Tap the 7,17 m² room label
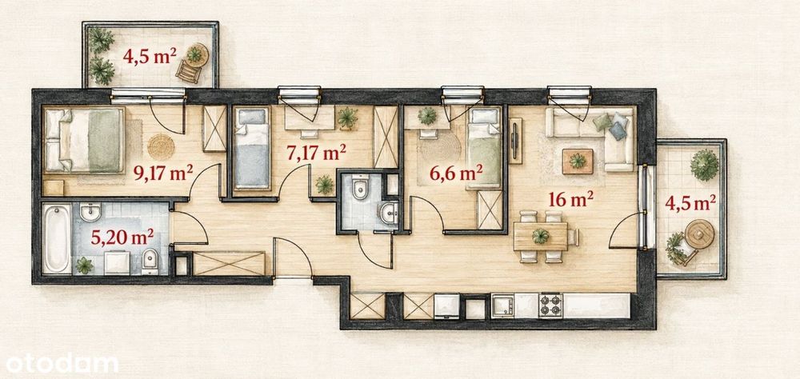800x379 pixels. [316, 153]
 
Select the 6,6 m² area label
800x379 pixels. [456, 174]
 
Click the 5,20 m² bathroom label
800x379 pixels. [122, 237]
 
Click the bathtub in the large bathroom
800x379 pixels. [57, 239]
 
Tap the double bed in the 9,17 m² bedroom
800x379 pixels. [84, 140]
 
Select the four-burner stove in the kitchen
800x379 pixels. [550, 305]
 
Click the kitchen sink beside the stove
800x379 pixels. [502, 305]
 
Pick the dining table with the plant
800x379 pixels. [540, 237]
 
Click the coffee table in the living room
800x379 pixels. [578, 162]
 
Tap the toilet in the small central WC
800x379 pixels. [360, 187]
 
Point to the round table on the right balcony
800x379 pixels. [699, 233]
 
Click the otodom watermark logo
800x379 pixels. [62, 364]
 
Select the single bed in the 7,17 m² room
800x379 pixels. [252, 148]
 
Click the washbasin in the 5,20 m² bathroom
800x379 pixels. [90, 212]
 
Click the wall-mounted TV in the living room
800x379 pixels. [515, 141]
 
